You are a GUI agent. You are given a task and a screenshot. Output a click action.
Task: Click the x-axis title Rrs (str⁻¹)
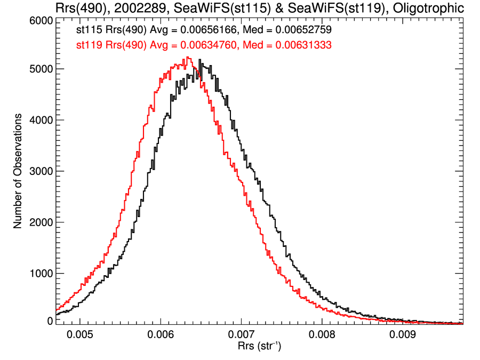click(x=259, y=347)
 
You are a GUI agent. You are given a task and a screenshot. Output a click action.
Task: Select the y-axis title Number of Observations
click(x=18, y=171)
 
